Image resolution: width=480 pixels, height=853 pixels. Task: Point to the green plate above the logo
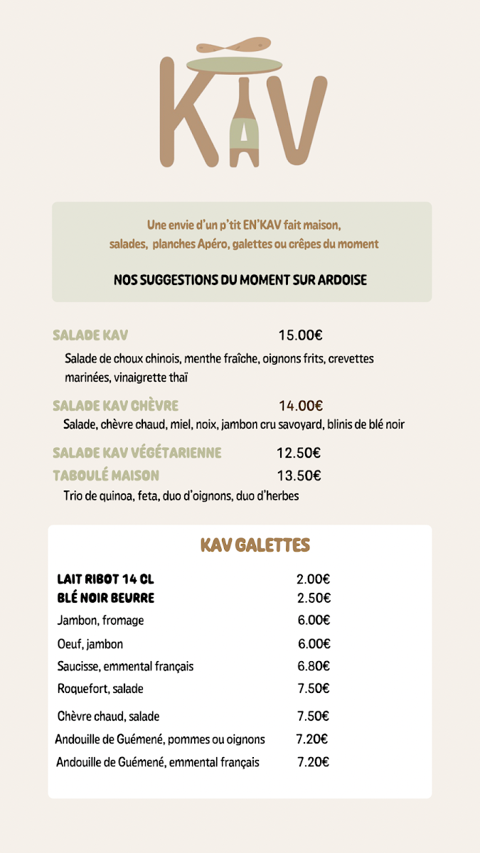click(x=234, y=65)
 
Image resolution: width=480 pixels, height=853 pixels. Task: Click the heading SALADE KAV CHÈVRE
click(x=115, y=406)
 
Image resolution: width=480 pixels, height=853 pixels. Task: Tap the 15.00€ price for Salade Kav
click(x=295, y=336)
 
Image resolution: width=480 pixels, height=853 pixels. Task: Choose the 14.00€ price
click(x=301, y=406)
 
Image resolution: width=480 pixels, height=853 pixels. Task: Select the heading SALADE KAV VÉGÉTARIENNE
click(x=137, y=453)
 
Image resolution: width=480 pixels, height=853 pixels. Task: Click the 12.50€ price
click(x=299, y=453)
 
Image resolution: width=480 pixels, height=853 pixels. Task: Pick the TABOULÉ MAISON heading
click(x=106, y=476)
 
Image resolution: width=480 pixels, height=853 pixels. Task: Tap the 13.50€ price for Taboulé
click(x=299, y=476)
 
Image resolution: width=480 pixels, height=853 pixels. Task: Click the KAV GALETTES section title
click(x=255, y=545)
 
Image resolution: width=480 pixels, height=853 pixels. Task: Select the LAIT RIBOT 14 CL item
click(x=105, y=579)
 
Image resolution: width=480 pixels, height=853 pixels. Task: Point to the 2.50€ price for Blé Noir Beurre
click(x=314, y=598)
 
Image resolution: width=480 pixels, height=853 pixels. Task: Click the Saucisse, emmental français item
click(x=125, y=667)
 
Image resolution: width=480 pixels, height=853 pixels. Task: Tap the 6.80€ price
click(x=314, y=667)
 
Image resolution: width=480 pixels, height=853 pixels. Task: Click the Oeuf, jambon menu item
click(x=90, y=644)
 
